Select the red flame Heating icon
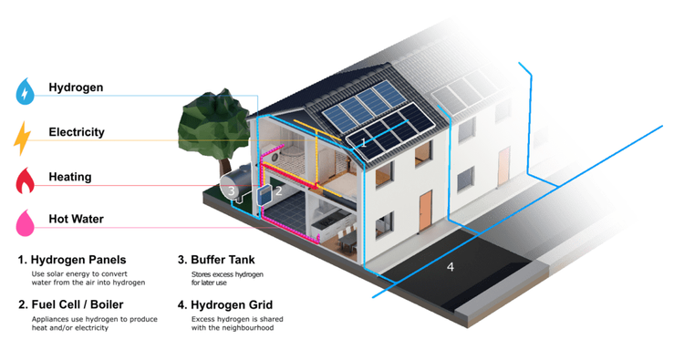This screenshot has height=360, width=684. [x=25, y=180]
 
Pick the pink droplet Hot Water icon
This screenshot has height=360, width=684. [x=24, y=221]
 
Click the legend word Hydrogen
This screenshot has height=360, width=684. [x=76, y=88]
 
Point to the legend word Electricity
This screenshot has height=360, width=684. [x=77, y=132]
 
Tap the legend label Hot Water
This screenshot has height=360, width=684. [x=76, y=219]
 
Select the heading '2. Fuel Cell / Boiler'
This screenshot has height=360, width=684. [x=70, y=304]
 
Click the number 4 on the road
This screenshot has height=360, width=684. [x=450, y=267]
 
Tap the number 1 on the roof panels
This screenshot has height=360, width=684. [x=363, y=142]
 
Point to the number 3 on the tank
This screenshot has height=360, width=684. [x=233, y=191]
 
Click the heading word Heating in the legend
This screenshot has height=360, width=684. [x=70, y=176]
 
